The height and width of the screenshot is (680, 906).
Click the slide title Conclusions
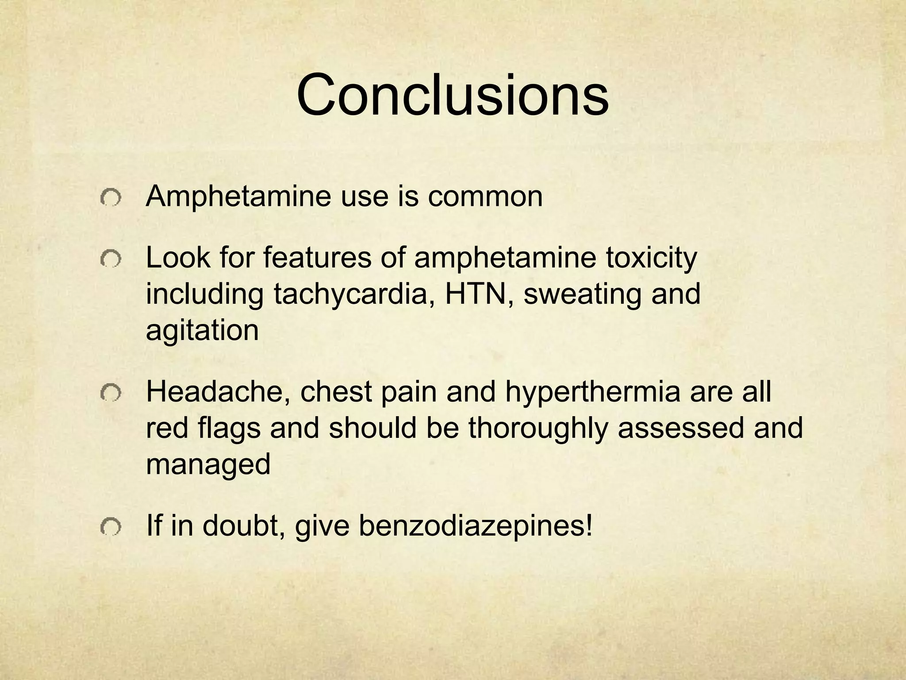[453, 95]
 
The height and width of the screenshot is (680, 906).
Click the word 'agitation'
[202, 330]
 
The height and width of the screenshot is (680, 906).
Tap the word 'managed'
[208, 464]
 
